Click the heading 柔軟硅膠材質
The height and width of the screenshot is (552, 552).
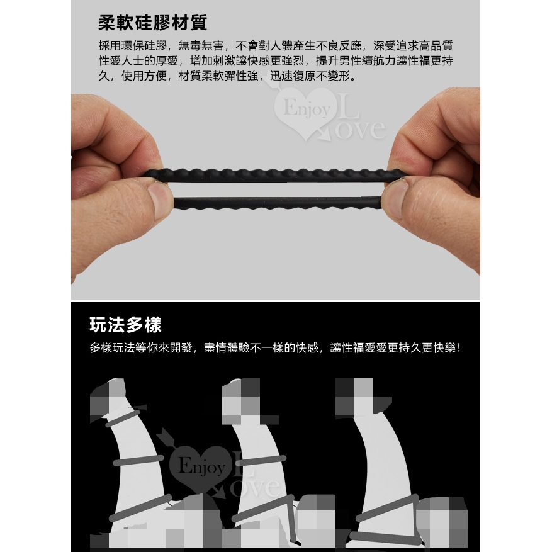pos(152,23)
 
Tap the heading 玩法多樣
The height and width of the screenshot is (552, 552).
pos(126,325)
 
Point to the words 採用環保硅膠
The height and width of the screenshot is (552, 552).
pos(132,46)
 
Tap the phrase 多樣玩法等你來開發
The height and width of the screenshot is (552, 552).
pos(141,348)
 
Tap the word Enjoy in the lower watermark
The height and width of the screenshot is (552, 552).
pos(201,466)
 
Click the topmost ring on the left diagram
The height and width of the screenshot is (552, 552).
pos(126,418)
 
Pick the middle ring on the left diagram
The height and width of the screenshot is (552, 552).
pos(138,460)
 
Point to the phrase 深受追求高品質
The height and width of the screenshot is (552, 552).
pos(413,46)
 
